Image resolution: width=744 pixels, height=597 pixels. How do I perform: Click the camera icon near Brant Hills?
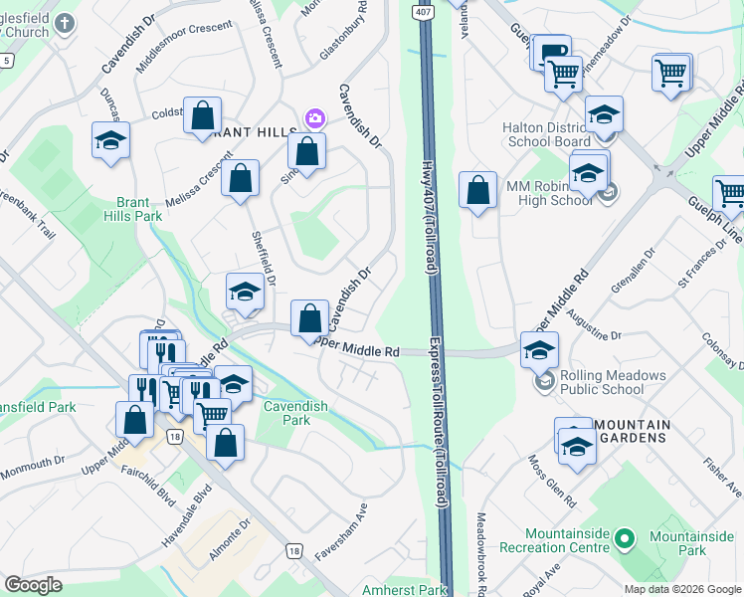[314, 119]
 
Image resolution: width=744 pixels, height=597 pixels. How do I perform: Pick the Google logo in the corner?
[33, 585]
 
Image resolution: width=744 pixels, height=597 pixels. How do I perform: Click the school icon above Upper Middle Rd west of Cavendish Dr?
[245, 292]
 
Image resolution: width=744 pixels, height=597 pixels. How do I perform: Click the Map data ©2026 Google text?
[682, 589]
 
